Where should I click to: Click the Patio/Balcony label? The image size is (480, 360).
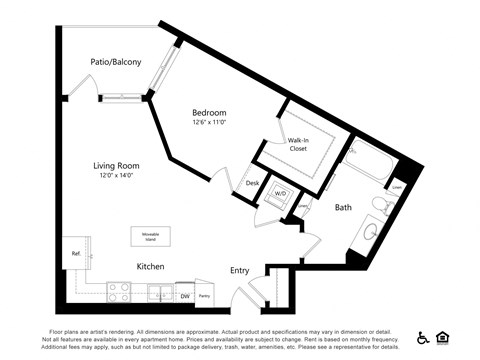point(115,62)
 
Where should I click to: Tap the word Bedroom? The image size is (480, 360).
point(209,113)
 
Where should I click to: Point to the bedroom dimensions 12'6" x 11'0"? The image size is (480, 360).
point(209,123)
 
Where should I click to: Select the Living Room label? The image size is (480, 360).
point(119,165)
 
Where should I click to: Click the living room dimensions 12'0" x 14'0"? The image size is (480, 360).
point(119,176)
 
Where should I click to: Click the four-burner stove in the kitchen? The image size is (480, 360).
point(119,291)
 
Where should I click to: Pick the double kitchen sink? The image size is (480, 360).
point(160,294)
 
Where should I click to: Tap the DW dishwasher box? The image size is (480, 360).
point(185,295)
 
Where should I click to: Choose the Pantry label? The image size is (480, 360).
point(204,295)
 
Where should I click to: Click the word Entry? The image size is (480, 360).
point(239,270)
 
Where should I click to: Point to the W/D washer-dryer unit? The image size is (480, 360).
point(281,196)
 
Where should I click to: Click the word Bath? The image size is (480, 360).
point(343,208)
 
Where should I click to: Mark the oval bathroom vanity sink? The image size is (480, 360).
point(369,234)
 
